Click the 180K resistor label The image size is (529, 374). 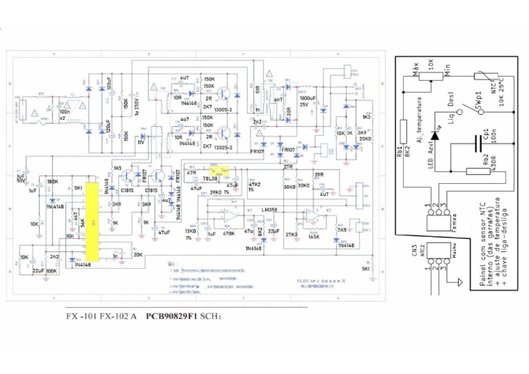52,181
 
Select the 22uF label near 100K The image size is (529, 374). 39,270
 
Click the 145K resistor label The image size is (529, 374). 313,236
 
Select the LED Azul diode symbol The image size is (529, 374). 435,137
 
